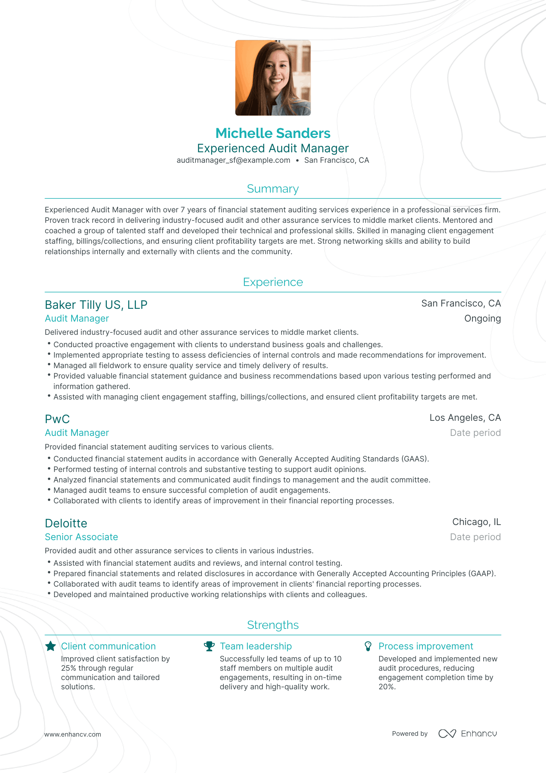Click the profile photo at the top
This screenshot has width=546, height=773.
273,77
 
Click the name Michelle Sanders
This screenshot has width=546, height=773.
273,133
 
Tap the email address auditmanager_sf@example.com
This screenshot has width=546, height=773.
233,160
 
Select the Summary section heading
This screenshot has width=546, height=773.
273,189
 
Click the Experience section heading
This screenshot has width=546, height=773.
273,282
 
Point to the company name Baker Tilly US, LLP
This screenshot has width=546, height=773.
96,305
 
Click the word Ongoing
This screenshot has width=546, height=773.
482,318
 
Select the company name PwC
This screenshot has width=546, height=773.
57,419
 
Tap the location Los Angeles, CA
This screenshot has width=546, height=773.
465,418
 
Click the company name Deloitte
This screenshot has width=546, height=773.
66,523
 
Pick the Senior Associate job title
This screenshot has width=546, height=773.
81,537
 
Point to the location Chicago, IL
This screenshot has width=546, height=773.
476,522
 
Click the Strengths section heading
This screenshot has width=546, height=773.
273,625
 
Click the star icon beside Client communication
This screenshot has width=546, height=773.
51,646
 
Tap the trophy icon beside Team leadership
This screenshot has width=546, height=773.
209,646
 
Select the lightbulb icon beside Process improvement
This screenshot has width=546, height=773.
368,646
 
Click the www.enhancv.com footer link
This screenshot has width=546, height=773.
72,734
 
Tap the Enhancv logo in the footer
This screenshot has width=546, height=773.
467,733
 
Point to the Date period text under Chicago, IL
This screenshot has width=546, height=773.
475,537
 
